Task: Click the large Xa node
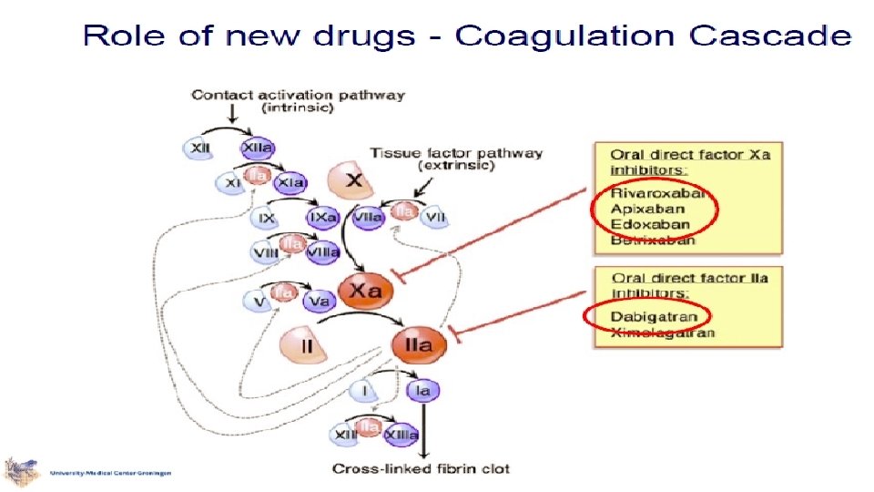pos(365,292)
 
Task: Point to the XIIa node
pos(258,149)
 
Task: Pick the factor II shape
pos(300,346)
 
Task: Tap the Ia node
pos(421,391)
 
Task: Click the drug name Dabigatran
pos(655,317)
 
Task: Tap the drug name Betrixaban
pos(653,241)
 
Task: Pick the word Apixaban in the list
pos(648,209)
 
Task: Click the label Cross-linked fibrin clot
pos(421,469)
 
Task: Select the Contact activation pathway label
pos(299,95)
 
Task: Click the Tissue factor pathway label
pos(456,153)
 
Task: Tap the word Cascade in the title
pos(770,36)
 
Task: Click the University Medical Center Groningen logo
pos(23,472)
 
